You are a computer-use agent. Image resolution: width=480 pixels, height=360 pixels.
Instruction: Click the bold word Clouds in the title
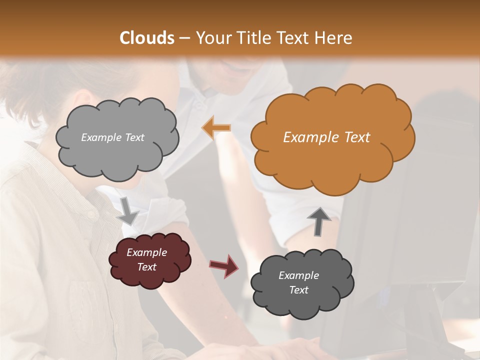tap(147, 38)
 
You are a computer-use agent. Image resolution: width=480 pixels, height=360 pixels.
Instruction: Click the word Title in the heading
tap(252, 38)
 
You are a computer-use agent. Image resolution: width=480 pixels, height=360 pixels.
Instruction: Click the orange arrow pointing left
tap(216, 128)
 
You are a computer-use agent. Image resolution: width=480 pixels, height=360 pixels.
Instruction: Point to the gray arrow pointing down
tap(128, 210)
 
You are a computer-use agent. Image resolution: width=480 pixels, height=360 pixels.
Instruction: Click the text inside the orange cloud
tap(326, 137)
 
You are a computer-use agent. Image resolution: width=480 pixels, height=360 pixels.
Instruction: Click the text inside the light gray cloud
tap(112, 137)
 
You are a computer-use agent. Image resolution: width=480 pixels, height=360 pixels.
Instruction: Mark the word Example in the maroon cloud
tap(146, 252)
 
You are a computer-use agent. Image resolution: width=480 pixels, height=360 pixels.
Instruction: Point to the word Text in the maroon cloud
tap(146, 267)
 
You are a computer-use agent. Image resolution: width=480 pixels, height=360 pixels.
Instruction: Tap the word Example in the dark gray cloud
tap(298, 275)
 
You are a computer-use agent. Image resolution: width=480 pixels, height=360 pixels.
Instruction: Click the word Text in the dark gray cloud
tap(298, 290)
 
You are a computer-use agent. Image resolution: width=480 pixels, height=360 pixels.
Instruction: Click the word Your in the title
tap(211, 38)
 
